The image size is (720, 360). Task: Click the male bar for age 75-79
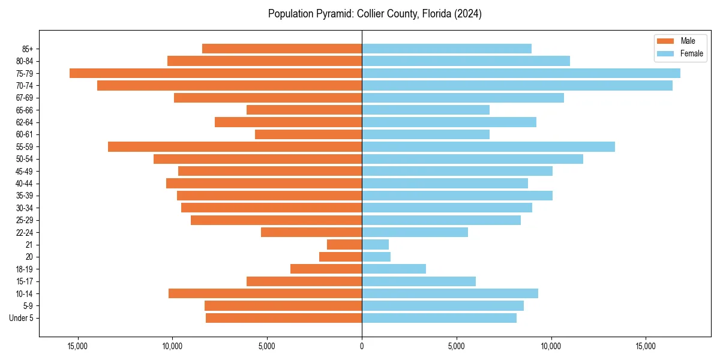coord(215,73)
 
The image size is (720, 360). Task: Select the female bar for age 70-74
coord(517,86)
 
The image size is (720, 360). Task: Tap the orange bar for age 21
coord(344,245)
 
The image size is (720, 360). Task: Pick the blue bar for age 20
coord(376,257)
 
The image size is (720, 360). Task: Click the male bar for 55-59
coord(235,147)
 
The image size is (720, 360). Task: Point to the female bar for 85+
coord(446,49)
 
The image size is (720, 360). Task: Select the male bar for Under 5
coord(284,318)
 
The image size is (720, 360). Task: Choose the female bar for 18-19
coord(394,269)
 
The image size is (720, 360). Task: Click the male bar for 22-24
coord(311,232)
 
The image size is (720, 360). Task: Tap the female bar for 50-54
coord(472,159)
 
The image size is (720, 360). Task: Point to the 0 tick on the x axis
coord(362,346)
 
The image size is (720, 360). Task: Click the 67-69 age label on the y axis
coord(25,98)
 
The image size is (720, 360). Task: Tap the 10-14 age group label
coord(25,293)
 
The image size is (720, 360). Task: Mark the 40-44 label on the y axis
coord(25,184)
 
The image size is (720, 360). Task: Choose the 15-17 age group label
coord(25,281)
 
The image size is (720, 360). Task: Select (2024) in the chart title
coord(467,14)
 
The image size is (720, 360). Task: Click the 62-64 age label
coord(25,122)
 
